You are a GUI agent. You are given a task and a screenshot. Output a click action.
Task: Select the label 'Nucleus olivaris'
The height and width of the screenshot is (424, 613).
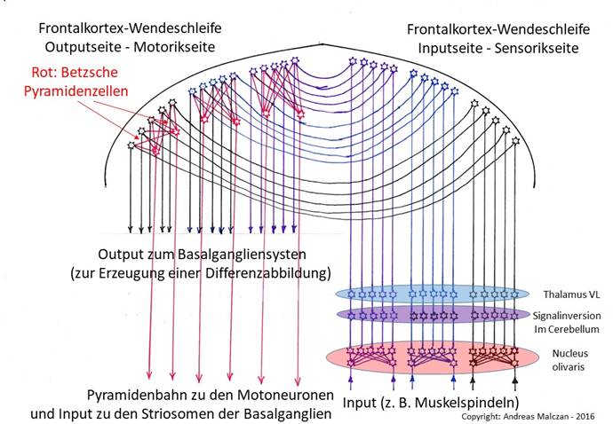[x=564, y=357]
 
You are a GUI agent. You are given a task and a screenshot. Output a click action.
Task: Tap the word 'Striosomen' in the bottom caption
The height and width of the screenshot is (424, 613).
[x=205, y=412]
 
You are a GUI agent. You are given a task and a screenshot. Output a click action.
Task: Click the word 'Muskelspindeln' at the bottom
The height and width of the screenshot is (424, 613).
[x=466, y=411]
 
